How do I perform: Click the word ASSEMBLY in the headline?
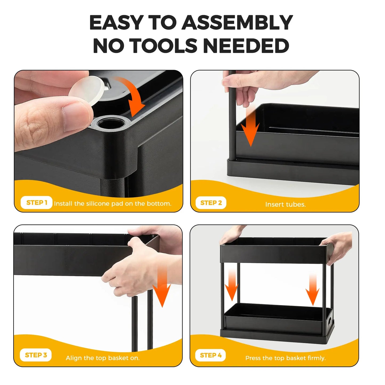click(x=237, y=22)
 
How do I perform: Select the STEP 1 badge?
click(x=36, y=202)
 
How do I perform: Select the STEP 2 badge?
click(x=211, y=203)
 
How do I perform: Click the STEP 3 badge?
click(x=36, y=355)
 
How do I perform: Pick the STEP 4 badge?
click(x=210, y=355)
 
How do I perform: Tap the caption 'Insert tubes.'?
click(x=286, y=204)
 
